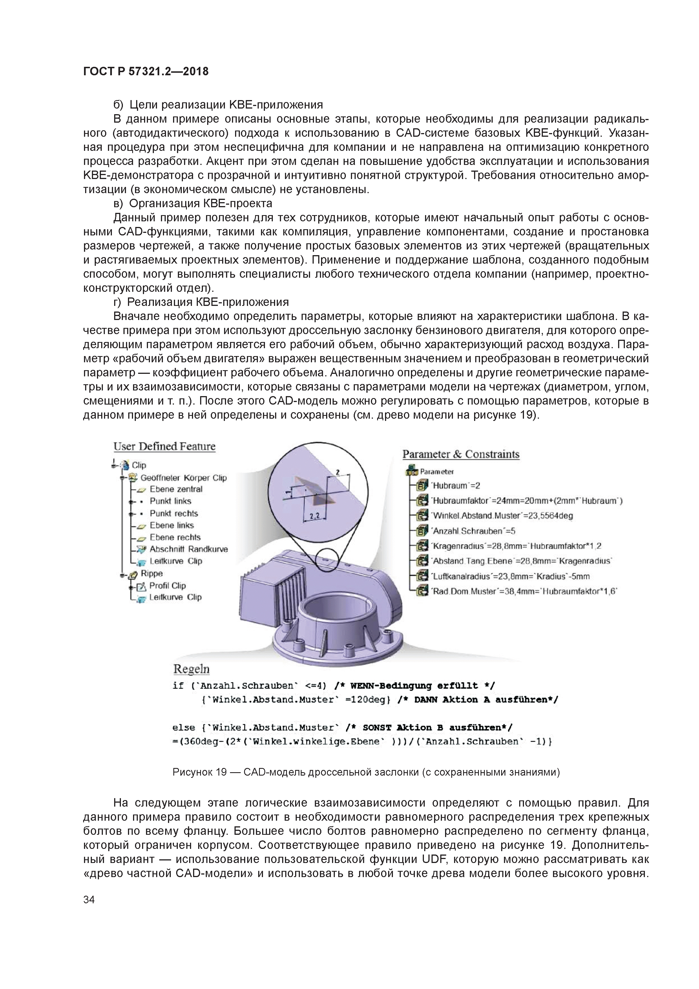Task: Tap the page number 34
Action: pos(89,899)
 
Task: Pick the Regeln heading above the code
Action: pos(191,669)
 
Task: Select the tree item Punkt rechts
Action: pos(174,513)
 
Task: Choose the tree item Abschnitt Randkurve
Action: pos(188,549)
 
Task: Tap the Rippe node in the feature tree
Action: pos(152,573)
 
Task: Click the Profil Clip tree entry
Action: pos(167,585)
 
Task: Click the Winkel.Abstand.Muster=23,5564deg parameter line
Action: pos(502,516)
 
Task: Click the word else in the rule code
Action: pos(183,728)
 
